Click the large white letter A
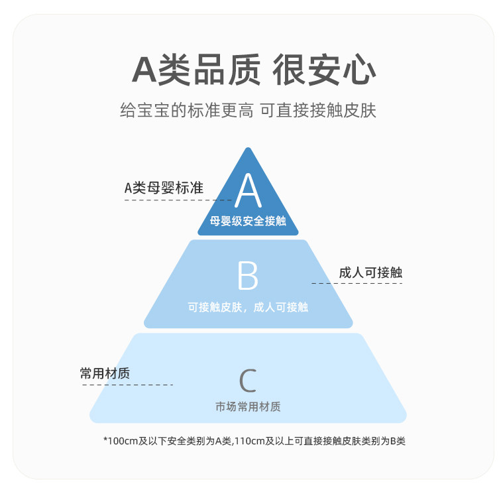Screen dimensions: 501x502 click(x=249, y=191)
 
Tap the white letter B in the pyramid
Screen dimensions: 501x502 click(x=248, y=277)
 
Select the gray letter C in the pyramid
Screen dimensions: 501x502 click(x=248, y=381)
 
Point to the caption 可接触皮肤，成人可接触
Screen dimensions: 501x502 click(x=248, y=307)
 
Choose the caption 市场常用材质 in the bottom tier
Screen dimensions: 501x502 click(x=248, y=407)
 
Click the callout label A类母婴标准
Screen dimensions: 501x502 click(x=164, y=188)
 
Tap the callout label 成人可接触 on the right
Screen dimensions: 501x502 click(x=370, y=273)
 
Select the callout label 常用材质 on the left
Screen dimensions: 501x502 click(x=105, y=373)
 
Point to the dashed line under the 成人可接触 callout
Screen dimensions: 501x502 click(x=357, y=283)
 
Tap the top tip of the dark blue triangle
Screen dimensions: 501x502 click(x=249, y=149)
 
